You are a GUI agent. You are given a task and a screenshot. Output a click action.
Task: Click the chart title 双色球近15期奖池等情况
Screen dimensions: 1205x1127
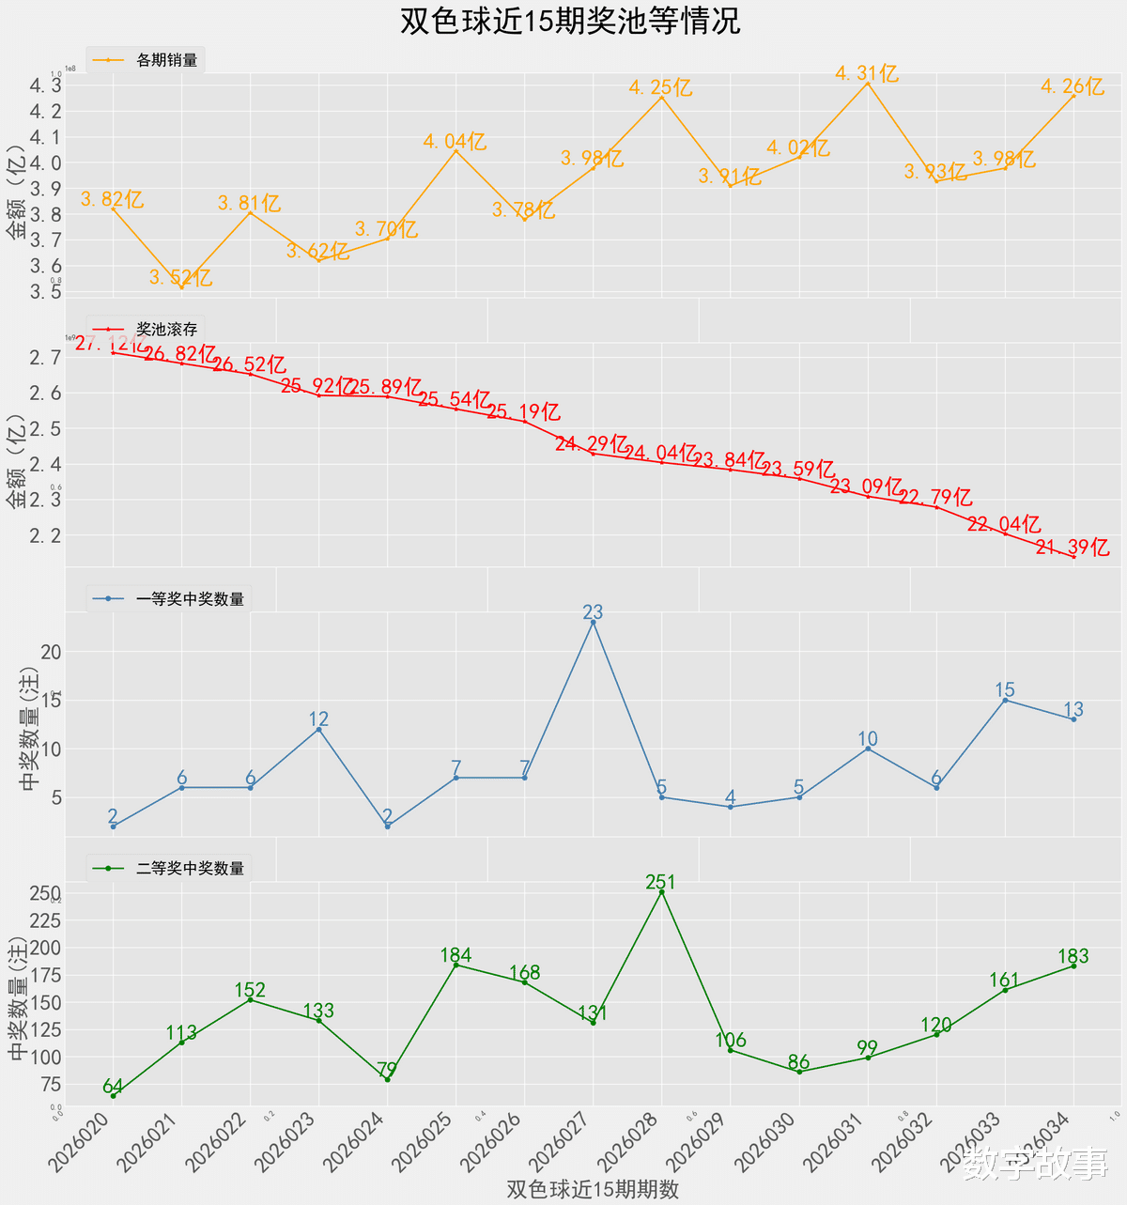(570, 22)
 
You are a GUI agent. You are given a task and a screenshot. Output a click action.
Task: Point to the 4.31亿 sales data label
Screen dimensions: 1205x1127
(867, 73)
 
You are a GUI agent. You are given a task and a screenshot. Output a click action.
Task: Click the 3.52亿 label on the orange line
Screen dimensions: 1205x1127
(180, 278)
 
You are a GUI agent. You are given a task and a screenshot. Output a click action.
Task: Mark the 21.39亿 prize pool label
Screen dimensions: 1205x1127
(1073, 548)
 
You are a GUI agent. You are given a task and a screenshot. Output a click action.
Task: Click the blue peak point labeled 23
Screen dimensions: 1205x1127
(593, 623)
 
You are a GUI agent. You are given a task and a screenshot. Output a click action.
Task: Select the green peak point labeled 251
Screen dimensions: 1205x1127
(661, 892)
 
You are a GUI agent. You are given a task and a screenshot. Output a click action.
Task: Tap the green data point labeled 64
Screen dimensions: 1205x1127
(113, 1095)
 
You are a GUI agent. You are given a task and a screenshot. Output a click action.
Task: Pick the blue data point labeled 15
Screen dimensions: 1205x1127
(1005, 700)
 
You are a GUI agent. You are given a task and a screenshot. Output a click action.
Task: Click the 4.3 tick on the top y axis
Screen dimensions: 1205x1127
(45, 85)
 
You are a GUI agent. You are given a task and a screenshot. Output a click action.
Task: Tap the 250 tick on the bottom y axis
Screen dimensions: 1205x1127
(45, 893)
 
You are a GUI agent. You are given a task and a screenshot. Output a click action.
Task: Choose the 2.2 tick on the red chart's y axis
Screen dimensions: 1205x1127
(45, 535)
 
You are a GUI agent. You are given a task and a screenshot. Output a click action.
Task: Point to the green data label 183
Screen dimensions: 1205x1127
(1073, 956)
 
